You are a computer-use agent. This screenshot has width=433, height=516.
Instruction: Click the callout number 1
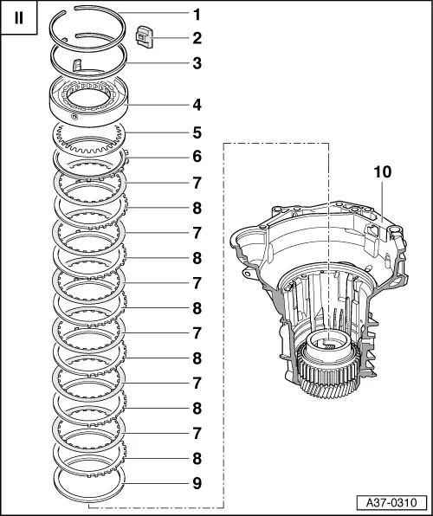(197, 15)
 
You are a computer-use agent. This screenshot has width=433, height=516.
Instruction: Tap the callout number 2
(197, 38)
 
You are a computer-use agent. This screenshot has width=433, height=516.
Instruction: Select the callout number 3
(197, 63)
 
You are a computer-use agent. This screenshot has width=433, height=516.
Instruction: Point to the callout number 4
(197, 106)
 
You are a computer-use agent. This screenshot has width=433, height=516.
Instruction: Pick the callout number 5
(197, 133)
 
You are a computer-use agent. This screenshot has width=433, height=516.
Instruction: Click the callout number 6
(197, 157)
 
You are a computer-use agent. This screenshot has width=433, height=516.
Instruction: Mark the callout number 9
(197, 483)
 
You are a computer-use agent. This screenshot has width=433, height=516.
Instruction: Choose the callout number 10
(383, 172)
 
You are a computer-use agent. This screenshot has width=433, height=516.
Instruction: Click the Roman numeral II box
(19, 17)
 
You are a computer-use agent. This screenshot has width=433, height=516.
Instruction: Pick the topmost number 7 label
(197, 183)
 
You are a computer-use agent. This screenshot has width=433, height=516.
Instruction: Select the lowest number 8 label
(197, 458)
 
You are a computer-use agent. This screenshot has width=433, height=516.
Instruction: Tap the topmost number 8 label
(197, 208)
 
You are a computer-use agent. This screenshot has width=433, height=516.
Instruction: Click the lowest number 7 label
(197, 433)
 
